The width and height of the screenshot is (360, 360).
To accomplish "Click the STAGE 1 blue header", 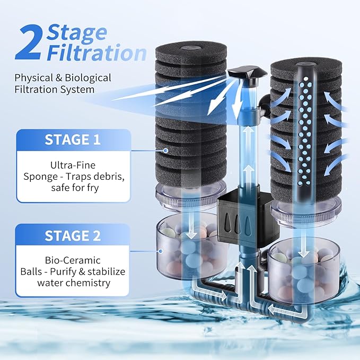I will coord(72,139).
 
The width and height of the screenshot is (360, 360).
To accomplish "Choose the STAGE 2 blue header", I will coord(72,235).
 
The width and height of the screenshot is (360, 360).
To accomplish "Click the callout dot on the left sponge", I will coord(166,151).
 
